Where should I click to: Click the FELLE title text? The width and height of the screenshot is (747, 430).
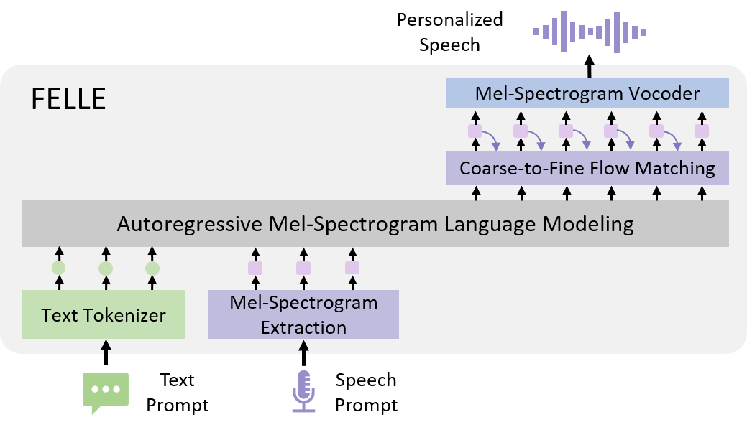click(68, 98)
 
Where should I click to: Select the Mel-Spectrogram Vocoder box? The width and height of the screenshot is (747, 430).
click(587, 93)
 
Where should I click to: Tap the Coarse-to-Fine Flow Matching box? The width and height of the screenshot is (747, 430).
click(587, 168)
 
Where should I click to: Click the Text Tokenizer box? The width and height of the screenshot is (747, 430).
click(104, 314)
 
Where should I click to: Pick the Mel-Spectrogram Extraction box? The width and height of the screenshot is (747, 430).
click(303, 314)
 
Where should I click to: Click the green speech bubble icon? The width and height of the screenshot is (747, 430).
click(106, 391)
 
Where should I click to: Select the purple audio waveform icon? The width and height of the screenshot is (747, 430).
click(590, 32)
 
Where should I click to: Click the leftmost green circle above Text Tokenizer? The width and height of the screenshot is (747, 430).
click(59, 268)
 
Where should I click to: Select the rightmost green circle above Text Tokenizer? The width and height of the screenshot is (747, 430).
click(152, 268)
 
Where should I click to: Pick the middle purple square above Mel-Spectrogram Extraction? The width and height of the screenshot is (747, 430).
click(303, 268)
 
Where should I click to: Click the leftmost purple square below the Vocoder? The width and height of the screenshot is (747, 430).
click(475, 131)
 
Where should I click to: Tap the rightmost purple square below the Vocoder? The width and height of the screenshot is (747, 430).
click(702, 131)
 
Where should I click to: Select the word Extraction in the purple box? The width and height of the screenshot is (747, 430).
click(303, 327)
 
